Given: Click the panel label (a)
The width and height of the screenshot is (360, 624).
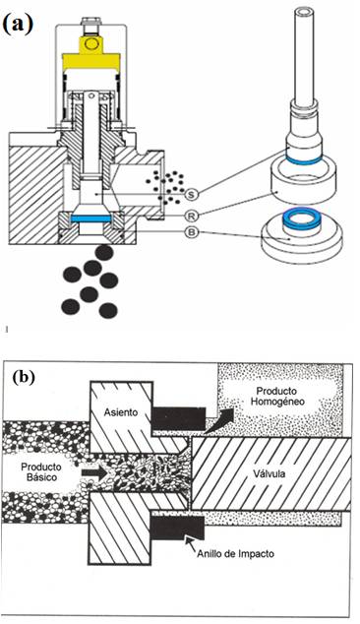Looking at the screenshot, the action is [x=18, y=25].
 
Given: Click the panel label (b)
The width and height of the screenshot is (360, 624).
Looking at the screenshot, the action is [x=24, y=377].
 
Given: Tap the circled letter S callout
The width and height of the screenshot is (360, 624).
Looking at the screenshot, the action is [x=192, y=194].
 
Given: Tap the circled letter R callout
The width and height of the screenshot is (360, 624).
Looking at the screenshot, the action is [x=192, y=216].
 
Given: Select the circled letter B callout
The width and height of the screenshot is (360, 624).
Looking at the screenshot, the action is [x=192, y=233].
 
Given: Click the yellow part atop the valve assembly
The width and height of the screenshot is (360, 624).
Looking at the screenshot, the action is [x=91, y=54].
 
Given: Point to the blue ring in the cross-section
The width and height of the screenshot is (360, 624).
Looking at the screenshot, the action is [x=90, y=218].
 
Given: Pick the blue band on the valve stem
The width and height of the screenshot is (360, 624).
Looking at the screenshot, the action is [x=304, y=160].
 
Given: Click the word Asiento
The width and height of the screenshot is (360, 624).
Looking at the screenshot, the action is [x=121, y=412].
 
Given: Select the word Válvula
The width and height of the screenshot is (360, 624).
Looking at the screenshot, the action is [x=270, y=474].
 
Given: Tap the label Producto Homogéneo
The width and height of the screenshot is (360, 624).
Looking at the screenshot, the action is [x=277, y=397].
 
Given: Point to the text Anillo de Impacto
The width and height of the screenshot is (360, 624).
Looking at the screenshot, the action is [x=235, y=553].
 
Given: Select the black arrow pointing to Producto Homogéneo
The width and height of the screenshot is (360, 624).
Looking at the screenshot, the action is [x=220, y=422].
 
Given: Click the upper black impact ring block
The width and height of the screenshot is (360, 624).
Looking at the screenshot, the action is [x=179, y=418].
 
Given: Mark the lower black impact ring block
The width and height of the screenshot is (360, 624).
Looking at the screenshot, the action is [x=178, y=528].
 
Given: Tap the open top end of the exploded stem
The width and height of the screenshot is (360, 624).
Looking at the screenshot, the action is [x=304, y=13].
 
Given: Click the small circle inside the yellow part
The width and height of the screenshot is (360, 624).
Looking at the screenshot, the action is [x=91, y=43].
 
